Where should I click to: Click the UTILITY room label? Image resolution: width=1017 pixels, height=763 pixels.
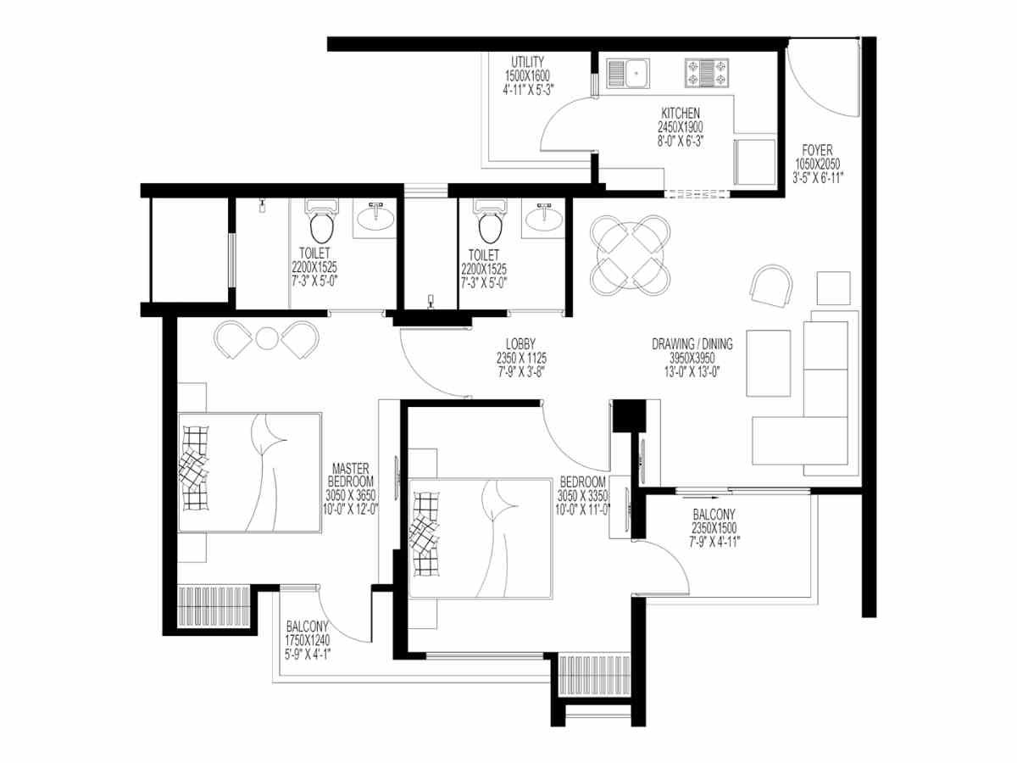pyautogui.click(x=527, y=62)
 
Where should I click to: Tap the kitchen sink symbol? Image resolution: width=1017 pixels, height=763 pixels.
pyautogui.click(x=628, y=73)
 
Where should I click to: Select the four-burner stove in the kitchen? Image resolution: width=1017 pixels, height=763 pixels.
pyautogui.click(x=707, y=73)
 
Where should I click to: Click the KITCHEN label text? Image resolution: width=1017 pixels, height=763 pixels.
pyautogui.click(x=681, y=113)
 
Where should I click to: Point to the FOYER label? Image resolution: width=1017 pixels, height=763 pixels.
pyautogui.click(x=817, y=150)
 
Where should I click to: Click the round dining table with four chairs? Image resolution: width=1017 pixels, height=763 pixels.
pyautogui.click(x=631, y=255)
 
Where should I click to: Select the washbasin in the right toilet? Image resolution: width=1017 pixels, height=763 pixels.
pyautogui.click(x=543, y=218)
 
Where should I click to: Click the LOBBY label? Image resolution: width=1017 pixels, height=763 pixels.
pyautogui.click(x=520, y=343)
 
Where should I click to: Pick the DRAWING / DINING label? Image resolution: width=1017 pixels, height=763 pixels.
pyautogui.click(x=692, y=343)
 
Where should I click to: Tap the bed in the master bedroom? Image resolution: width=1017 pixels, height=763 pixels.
pyautogui.click(x=250, y=472)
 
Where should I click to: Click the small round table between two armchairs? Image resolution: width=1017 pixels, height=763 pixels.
pyautogui.click(x=266, y=338)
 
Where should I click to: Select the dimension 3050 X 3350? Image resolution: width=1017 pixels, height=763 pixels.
pyautogui.click(x=582, y=496)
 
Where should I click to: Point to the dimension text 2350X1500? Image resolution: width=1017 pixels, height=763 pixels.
pyautogui.click(x=714, y=527)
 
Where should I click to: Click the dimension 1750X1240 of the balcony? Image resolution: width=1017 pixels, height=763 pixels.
pyautogui.click(x=307, y=641)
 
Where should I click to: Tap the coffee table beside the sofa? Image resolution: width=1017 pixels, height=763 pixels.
pyautogui.click(x=768, y=363)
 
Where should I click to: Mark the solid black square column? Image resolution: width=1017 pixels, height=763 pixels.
pyautogui.click(x=629, y=415)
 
